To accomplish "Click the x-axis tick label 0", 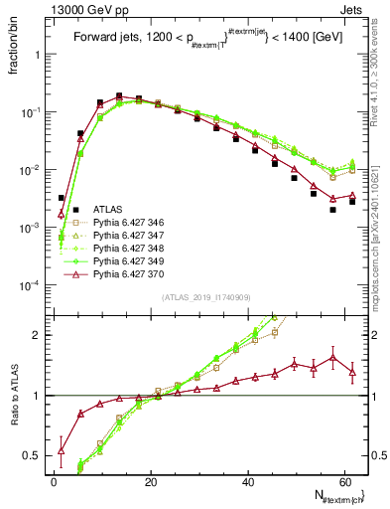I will [x=54, y=482].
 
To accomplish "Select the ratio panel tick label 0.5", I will [x=35, y=456].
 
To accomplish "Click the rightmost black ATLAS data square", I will [x=352, y=202].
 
